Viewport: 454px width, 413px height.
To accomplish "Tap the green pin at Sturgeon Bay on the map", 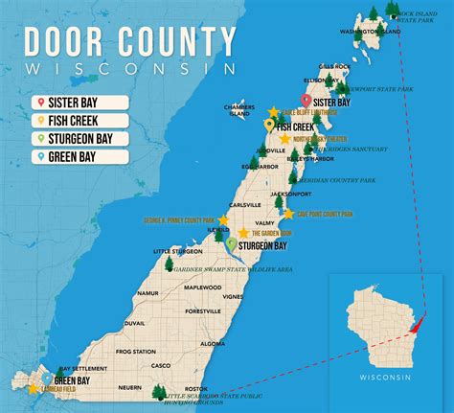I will pyautogui.click(x=231, y=244).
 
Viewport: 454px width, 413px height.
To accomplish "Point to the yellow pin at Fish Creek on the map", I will pyautogui.click(x=270, y=125).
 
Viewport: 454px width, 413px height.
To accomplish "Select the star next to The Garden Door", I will pyautogui.click(x=243, y=233).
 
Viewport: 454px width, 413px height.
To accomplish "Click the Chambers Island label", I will pyautogui.click(x=238, y=108).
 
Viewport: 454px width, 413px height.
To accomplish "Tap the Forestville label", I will pyautogui.click(x=203, y=310).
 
